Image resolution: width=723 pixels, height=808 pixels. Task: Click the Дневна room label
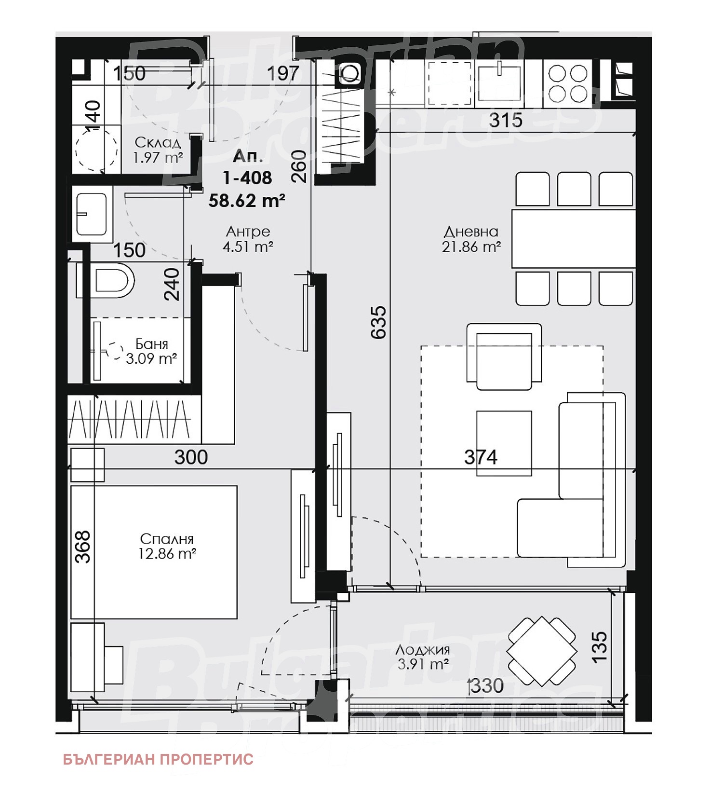pyautogui.click(x=471, y=232)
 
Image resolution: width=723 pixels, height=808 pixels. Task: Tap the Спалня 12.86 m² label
pyautogui.click(x=167, y=547)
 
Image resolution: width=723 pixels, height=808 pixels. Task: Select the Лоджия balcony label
pyautogui.click(x=423, y=650)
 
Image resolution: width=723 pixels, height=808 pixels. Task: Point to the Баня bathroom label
pyautogui.click(x=152, y=344)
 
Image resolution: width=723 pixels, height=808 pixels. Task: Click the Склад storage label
pyautogui.click(x=158, y=143)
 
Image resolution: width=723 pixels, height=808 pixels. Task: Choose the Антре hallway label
pyautogui.click(x=248, y=232)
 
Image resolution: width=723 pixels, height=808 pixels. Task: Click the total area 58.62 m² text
pyautogui.click(x=247, y=201)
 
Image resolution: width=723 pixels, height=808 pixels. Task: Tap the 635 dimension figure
pyautogui.click(x=379, y=322)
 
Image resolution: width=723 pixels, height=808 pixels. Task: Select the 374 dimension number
pyautogui.click(x=481, y=456)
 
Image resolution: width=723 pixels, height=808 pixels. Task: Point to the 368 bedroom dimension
pyautogui.click(x=83, y=547)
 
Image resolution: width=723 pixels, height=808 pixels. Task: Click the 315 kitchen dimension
pyautogui.click(x=506, y=120)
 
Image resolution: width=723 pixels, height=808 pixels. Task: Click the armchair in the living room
pyautogui.click(x=504, y=356)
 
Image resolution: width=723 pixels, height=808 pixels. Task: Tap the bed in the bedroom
pyautogui.click(x=154, y=552)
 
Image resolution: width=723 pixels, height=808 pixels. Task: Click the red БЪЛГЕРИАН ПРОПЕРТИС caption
pyautogui.click(x=158, y=759)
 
